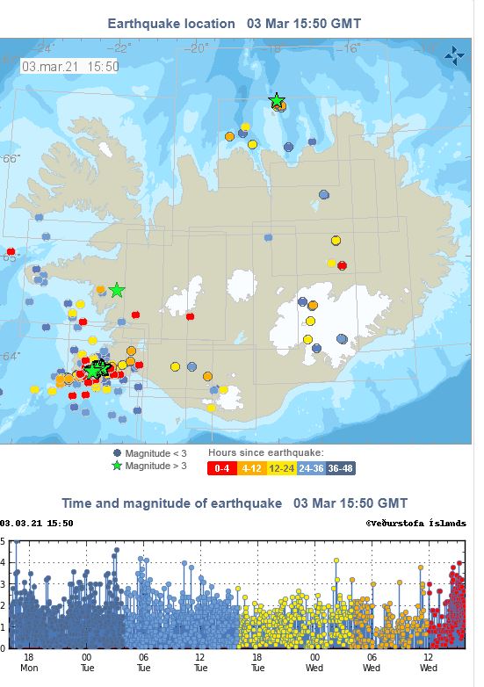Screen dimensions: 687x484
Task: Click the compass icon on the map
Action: click(x=454, y=58)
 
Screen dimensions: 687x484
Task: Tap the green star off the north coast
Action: click(x=277, y=100)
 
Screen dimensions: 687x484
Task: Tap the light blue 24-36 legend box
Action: click(x=309, y=467)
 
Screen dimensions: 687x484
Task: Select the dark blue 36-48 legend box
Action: click(x=340, y=467)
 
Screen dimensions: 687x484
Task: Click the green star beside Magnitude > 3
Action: click(x=118, y=466)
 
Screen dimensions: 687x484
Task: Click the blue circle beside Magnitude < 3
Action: click(x=118, y=452)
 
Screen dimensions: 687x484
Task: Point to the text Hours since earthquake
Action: click(x=265, y=452)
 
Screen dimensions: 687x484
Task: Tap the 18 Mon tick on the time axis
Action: click(x=29, y=662)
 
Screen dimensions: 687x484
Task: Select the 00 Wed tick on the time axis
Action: click(x=314, y=662)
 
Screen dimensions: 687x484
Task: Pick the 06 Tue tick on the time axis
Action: click(x=143, y=662)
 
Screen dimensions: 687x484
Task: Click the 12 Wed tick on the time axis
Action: click(x=429, y=662)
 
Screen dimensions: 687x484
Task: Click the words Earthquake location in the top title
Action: click(x=171, y=24)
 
